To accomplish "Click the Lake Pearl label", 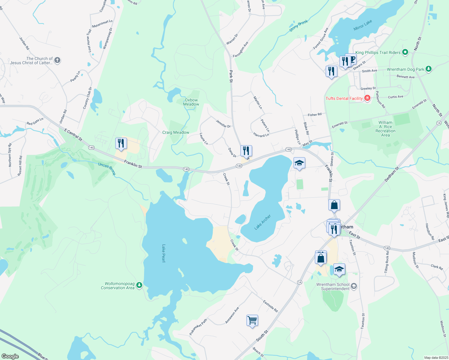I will click(164, 253).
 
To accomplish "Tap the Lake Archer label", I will click(263, 222).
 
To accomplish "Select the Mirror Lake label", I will click(363, 25).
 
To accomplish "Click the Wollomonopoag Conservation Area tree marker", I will click(139, 285).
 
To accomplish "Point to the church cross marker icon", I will click(57, 60).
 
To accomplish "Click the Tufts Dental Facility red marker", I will click(367, 98).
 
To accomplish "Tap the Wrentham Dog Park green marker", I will click(429, 69).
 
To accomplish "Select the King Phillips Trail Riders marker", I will click(405, 52).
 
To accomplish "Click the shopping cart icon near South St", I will click(252, 320).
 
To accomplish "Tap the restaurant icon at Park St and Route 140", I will click(246, 151).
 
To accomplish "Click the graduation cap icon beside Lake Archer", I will click(299, 163).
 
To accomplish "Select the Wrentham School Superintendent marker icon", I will click(354, 286).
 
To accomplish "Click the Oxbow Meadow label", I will click(191, 102).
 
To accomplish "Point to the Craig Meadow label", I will click(176, 132).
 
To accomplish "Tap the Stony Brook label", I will click(299, 26).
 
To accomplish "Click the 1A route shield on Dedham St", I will click(439, 123).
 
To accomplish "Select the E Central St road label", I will click(73, 135).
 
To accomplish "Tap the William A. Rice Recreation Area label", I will click(385, 129).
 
